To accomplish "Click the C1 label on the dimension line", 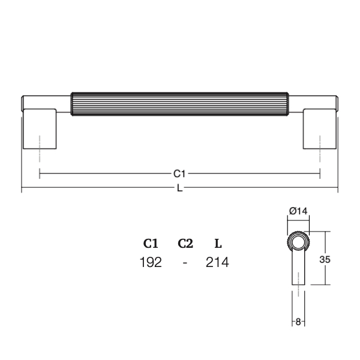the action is pos(179,174).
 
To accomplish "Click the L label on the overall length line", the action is pos(180,188).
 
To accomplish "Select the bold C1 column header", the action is pos(151,244).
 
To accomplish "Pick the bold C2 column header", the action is pos(185,244).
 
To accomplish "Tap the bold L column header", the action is pos(218,244).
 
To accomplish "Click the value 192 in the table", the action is pos(151,262).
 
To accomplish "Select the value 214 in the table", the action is pos(217,262).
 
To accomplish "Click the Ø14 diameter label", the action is pos(298,211).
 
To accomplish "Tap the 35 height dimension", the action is pos(325,259).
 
